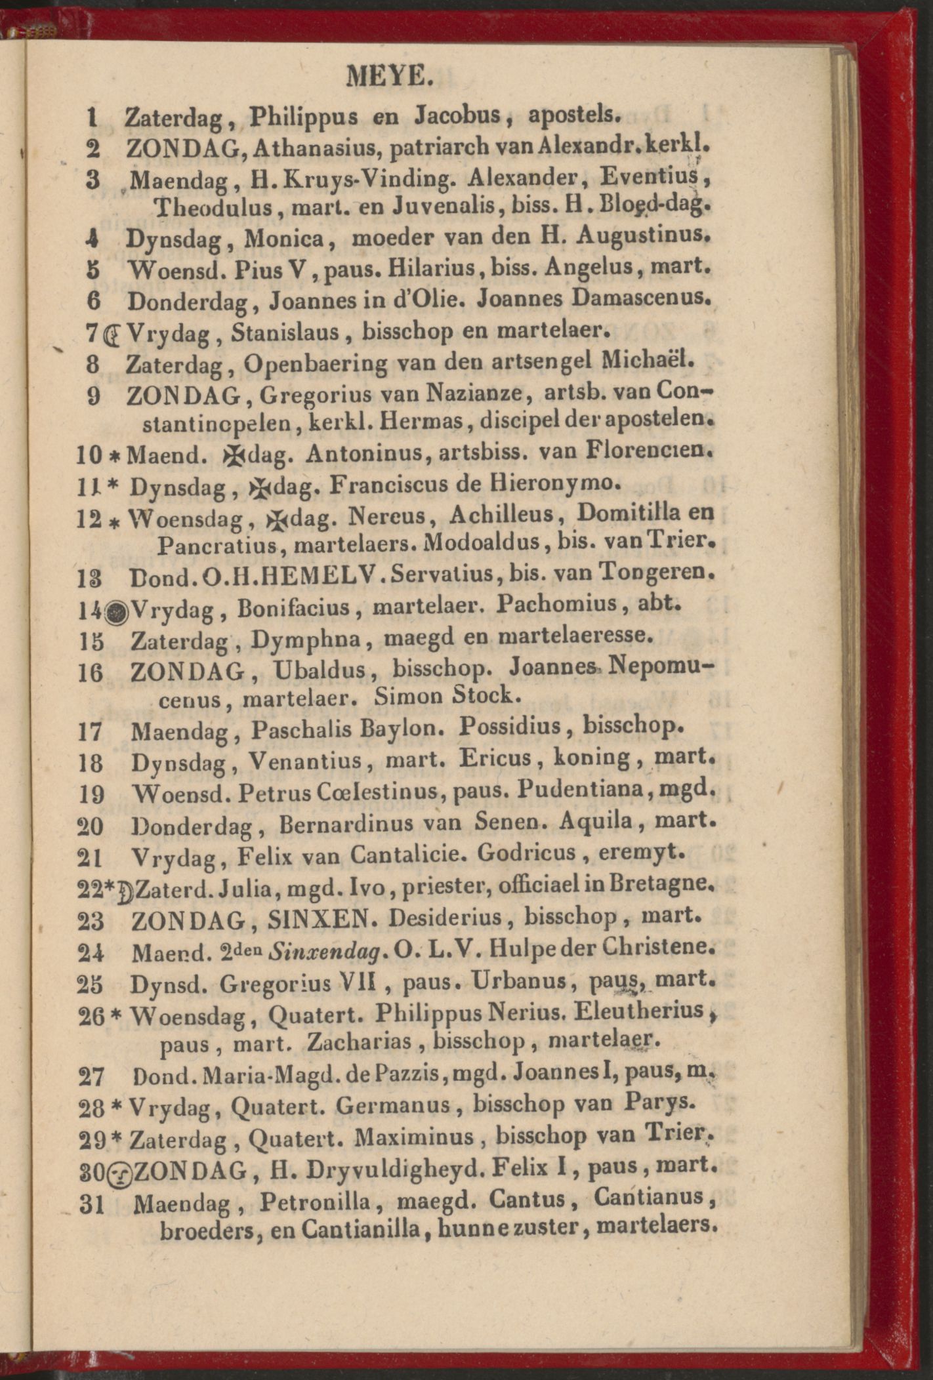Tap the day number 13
(91, 577)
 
